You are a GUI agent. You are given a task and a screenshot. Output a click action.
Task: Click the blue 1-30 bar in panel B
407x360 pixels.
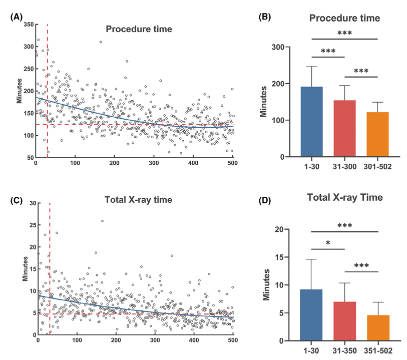click(311, 121)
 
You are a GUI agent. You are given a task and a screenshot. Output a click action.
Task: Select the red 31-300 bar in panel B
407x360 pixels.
click(344, 128)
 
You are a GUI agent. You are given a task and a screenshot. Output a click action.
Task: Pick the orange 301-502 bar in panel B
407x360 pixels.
click(377, 134)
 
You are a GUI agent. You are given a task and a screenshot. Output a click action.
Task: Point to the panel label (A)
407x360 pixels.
click(17, 17)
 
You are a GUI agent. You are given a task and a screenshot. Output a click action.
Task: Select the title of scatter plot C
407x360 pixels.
click(138, 200)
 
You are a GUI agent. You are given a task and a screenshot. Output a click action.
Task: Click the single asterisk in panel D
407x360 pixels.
click(328, 243)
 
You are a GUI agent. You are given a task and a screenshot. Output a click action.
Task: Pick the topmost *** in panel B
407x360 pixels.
click(344, 33)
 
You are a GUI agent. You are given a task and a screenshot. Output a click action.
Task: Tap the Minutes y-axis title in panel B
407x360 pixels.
click(264, 102)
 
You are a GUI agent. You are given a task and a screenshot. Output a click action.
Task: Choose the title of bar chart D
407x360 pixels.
click(345, 198)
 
